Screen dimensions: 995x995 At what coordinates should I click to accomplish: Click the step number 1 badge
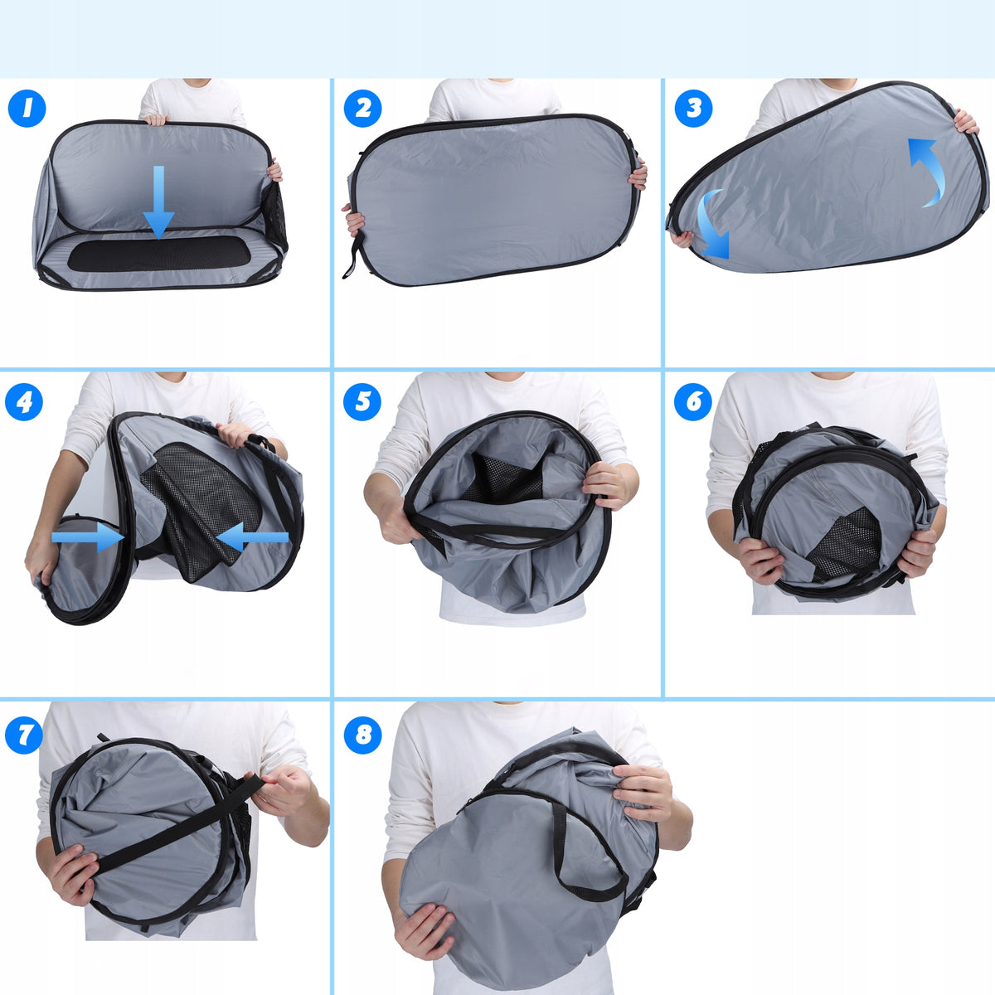tap(27, 109)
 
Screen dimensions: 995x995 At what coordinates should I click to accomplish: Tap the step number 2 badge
tap(362, 109)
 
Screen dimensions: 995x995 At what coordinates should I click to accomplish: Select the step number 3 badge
tap(693, 109)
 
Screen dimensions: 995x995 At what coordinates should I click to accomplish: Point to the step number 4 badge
tap(24, 401)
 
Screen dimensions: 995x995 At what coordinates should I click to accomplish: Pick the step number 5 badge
tap(362, 401)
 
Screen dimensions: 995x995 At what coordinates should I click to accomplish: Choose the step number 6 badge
tap(693, 401)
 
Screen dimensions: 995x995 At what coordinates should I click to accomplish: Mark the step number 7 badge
tap(24, 735)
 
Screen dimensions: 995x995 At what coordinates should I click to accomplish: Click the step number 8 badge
tap(362, 735)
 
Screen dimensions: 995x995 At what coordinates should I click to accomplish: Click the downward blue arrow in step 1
tap(158, 202)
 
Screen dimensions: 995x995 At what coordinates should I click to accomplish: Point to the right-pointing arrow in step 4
tap(88, 537)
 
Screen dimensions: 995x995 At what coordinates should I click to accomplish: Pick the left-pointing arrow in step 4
tap(252, 537)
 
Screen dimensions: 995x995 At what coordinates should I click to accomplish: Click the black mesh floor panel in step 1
tap(159, 255)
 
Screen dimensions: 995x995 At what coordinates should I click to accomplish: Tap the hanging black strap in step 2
tap(354, 255)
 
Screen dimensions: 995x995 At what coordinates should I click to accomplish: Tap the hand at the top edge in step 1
tap(157, 120)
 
